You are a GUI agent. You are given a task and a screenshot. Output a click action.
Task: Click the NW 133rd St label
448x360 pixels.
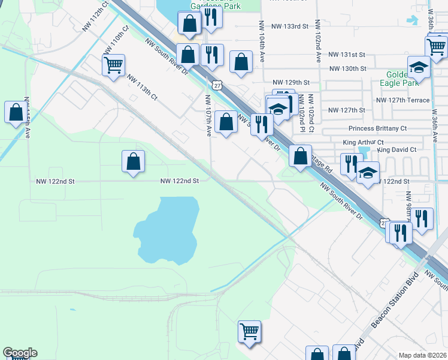pos(289,26)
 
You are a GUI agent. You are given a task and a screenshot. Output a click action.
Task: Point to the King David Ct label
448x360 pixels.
pos(396,149)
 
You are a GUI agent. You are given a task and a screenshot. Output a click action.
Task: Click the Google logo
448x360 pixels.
pos(20,353)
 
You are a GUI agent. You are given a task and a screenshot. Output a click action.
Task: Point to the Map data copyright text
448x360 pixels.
pos(423,355)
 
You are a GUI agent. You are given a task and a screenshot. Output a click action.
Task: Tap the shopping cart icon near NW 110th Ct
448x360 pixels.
pos(113,64)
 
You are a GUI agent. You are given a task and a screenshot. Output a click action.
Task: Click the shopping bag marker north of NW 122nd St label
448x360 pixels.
pos(133,160)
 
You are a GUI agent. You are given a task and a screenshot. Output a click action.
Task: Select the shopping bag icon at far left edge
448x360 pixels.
pos(15,112)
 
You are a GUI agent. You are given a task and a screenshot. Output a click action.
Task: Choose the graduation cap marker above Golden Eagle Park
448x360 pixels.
pos(419,67)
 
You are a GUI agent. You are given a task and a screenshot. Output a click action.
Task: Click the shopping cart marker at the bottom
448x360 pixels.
pos(249,330)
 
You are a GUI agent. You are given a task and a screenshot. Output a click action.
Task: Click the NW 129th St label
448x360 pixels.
pos(290,82)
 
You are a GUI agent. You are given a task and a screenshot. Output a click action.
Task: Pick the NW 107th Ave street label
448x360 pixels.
pos(208,113)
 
